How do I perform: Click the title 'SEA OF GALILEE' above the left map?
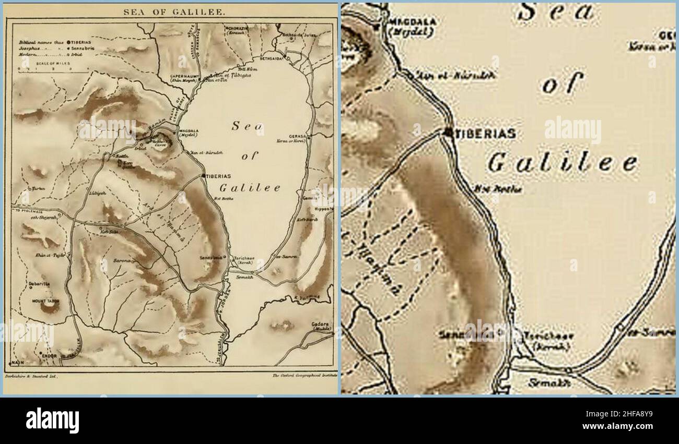point(167,11)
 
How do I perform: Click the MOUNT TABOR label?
point(45,301)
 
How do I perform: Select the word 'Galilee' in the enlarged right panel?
point(562,163)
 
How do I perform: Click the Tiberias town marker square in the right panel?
point(448,133)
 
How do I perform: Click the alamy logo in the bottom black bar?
point(52,420)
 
